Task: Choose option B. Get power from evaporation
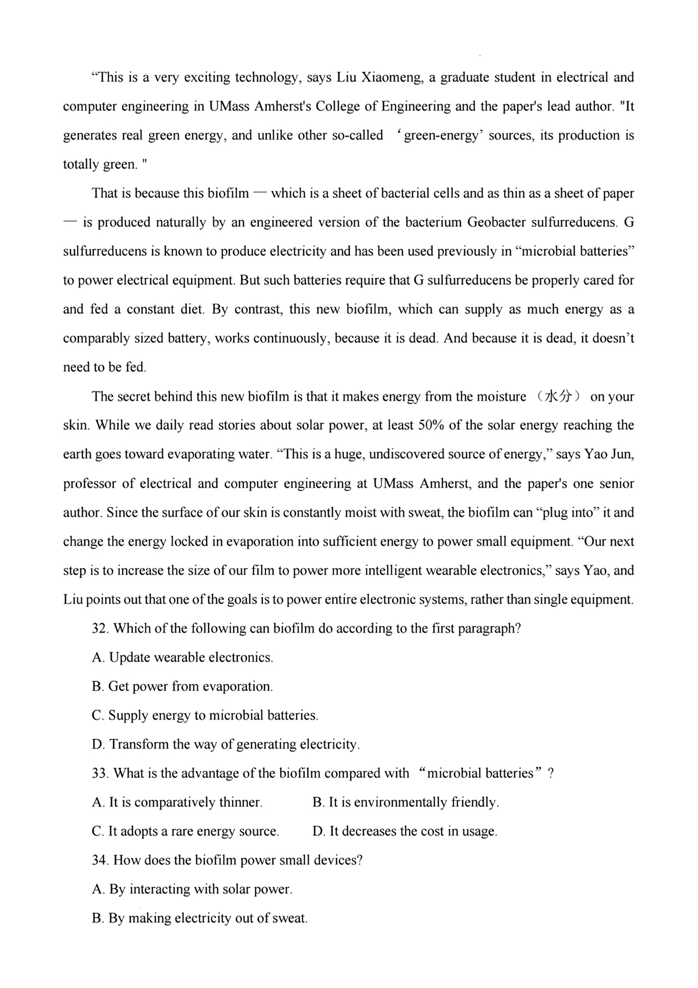coord(182,686)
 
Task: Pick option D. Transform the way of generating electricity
coord(225,745)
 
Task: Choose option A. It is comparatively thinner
coord(177,803)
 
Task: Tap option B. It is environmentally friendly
coord(406,803)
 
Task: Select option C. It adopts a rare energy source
coord(185,832)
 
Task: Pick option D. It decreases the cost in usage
coord(405,832)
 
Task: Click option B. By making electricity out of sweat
coord(199,918)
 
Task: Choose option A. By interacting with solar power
coord(192,889)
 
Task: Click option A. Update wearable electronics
coord(182,658)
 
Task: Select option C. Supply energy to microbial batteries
coord(204,715)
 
